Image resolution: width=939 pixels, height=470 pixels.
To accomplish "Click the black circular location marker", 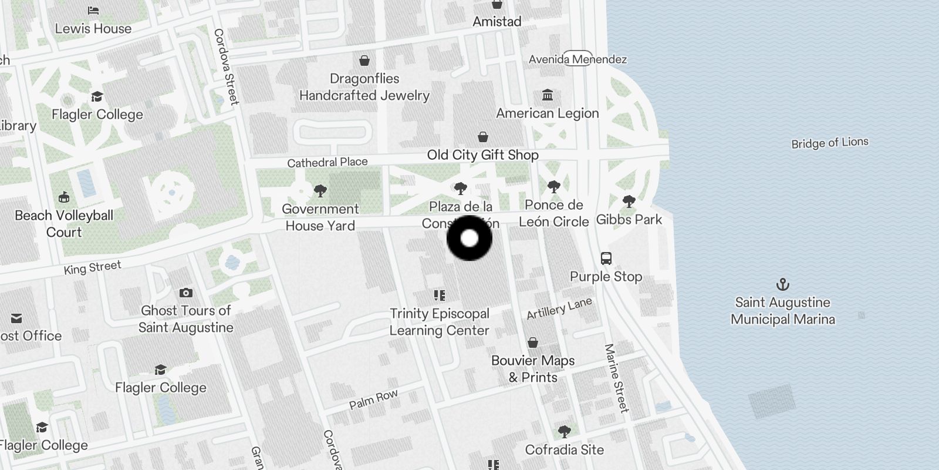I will (469, 238).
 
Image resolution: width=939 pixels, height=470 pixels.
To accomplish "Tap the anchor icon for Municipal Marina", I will (782, 285).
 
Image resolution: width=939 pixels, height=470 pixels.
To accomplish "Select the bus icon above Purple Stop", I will (606, 258).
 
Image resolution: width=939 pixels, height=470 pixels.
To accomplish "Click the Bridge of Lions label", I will (829, 143).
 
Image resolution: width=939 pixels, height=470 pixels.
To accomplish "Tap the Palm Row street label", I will (373, 399).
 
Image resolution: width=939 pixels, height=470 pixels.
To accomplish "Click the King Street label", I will (92, 268).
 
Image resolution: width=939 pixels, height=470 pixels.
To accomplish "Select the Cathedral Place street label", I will (327, 162).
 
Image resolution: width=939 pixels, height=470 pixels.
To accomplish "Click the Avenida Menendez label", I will (577, 59).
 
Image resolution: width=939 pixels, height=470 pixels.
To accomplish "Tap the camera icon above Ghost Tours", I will (186, 293).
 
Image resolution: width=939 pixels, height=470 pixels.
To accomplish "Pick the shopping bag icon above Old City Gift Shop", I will (482, 137).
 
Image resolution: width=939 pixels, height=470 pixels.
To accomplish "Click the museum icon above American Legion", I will (548, 95).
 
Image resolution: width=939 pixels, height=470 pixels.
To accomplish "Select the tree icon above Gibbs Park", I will (629, 202).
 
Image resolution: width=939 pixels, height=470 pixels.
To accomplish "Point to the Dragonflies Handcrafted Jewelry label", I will (364, 87).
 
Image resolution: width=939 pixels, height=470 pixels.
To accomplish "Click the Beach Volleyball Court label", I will (64, 224).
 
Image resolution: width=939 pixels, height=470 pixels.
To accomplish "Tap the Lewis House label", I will (93, 28).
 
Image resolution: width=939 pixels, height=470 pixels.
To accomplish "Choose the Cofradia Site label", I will (564, 450).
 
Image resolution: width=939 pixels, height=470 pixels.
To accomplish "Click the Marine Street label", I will (616, 378).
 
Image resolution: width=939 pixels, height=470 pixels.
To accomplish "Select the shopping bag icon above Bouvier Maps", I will (532, 343).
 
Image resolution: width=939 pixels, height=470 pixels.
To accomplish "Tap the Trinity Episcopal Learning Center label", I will (440, 322).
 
